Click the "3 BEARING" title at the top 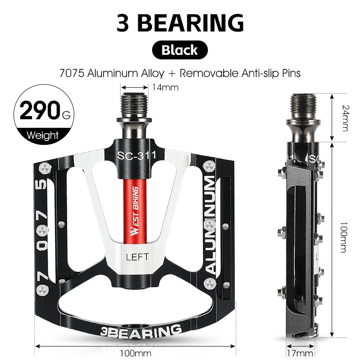pos(180,22)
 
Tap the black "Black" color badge pos(180,49)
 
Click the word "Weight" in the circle pos(43,135)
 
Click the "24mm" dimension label pos(344,117)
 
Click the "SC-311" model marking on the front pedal pos(136,156)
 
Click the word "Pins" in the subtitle pos(291,72)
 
